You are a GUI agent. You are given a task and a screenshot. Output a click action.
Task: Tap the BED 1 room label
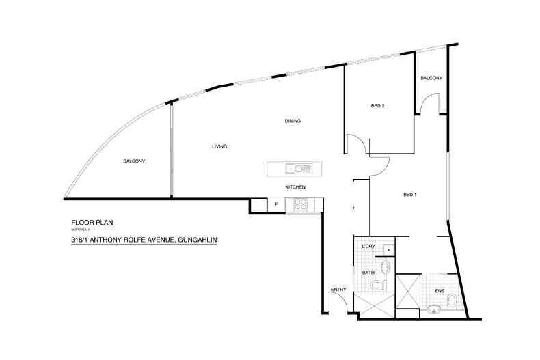tap(410, 195)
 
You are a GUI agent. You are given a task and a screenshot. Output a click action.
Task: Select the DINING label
tap(293, 122)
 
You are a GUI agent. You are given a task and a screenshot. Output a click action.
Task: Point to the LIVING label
tap(219, 146)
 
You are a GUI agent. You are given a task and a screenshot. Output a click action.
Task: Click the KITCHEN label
tap(295, 187)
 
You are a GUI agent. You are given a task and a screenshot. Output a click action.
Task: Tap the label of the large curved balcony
tap(134, 161)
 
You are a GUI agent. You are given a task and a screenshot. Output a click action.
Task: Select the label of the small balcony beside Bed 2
tap(431, 78)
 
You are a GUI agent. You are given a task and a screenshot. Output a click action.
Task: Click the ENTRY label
tap(338, 290)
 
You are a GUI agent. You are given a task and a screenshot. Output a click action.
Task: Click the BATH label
tap(368, 273)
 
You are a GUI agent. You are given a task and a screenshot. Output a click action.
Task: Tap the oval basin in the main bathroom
tap(386, 266)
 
